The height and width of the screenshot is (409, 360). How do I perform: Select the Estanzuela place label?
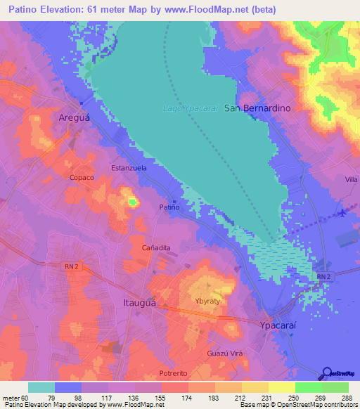coord(129,169)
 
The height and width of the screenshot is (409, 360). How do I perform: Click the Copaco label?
coord(82,178)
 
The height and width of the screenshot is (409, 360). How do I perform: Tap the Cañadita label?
coord(157,248)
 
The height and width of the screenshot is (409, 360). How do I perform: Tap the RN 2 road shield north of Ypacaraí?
coord(323,278)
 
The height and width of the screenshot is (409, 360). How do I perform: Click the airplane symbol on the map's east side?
coord(342,213)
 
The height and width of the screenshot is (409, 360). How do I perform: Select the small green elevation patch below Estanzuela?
coord(133,202)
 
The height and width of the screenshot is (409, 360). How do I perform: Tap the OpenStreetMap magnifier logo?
coord(327,374)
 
